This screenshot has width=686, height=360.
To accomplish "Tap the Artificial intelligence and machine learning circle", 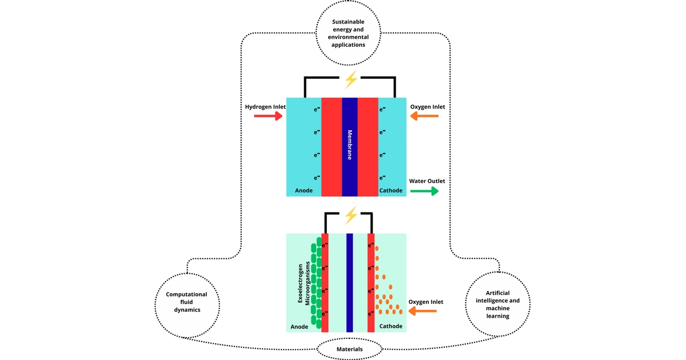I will tap(497, 303).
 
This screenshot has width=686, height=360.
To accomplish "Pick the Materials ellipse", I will tap(349, 349).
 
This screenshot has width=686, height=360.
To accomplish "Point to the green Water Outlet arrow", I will tap(424, 191).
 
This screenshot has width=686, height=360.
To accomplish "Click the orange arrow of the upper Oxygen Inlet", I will tap(424, 117).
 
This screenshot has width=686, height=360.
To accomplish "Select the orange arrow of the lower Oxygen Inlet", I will tap(422, 311).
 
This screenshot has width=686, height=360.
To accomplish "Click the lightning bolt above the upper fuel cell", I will tap(350, 79).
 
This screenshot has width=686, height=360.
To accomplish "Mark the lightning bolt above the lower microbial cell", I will tap(350, 215).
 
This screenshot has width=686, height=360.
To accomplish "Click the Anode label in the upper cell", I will tap(304, 190).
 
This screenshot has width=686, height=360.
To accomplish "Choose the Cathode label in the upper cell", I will tap(391, 190).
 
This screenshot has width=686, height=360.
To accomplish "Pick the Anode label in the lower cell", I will tap(300, 327).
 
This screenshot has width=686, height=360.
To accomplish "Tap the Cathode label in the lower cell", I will tap(391, 326).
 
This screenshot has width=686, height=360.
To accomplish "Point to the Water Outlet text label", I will tap(427, 181).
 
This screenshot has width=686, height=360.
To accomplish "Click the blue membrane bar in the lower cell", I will tap(349, 282).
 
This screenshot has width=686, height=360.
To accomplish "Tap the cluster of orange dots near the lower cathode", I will tap(388, 300).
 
